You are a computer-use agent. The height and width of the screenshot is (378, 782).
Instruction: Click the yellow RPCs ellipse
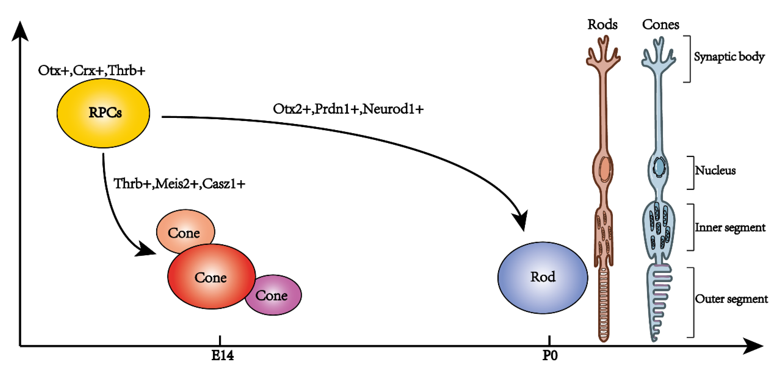[103, 113]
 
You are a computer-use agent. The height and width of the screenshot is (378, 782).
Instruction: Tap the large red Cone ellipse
[211, 277]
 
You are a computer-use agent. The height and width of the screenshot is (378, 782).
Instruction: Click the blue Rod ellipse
[543, 278]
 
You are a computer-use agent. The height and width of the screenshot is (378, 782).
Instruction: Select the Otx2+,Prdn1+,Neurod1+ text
[348, 109]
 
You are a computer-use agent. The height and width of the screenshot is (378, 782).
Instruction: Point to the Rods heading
[602, 25]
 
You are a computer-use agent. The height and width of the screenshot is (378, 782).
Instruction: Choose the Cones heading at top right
[661, 25]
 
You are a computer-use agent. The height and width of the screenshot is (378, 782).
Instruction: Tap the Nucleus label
[715, 170]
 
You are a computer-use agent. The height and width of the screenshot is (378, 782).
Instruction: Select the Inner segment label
[730, 227]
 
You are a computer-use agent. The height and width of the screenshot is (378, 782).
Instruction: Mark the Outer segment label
[731, 299]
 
